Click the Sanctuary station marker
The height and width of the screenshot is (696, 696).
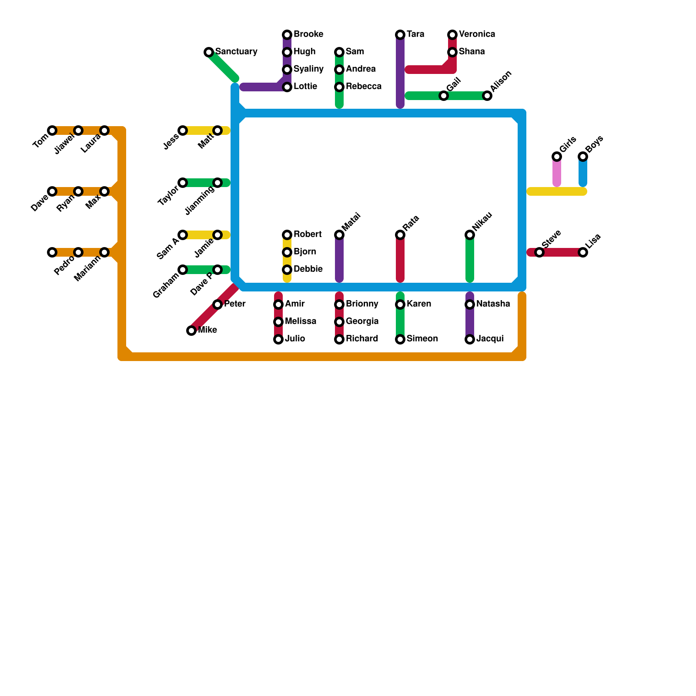pyautogui.click(x=209, y=52)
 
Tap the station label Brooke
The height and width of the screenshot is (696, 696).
pyautogui.click(x=308, y=34)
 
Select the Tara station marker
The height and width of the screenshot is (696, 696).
pyautogui.click(x=400, y=35)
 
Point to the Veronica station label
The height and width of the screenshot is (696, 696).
pyautogui.click(x=477, y=34)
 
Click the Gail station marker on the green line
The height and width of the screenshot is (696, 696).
pyautogui.click(x=444, y=96)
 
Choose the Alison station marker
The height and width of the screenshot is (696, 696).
pyautogui.click(x=487, y=96)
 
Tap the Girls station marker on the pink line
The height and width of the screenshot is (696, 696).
pyautogui.click(x=557, y=157)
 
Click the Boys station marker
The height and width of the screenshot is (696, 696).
pyautogui.click(x=583, y=157)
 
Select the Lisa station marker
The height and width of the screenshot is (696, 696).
pyautogui.click(x=583, y=252)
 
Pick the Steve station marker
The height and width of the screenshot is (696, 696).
pyautogui.click(x=539, y=252)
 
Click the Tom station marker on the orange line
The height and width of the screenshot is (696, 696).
pyautogui.click(x=52, y=130)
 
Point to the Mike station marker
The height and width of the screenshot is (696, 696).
pyautogui.click(x=191, y=331)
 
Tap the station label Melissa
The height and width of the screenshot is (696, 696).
pyautogui.click(x=300, y=321)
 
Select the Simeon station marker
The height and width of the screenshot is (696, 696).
pyautogui.click(x=400, y=339)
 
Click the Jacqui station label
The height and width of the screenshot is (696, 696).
pyautogui.click(x=490, y=339)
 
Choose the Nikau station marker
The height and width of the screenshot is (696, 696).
pyautogui.click(x=470, y=235)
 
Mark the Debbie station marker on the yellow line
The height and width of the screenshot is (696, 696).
pyautogui.click(x=287, y=270)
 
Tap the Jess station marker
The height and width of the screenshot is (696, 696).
pyautogui.click(x=183, y=130)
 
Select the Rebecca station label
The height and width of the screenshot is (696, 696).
pyautogui.click(x=363, y=87)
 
